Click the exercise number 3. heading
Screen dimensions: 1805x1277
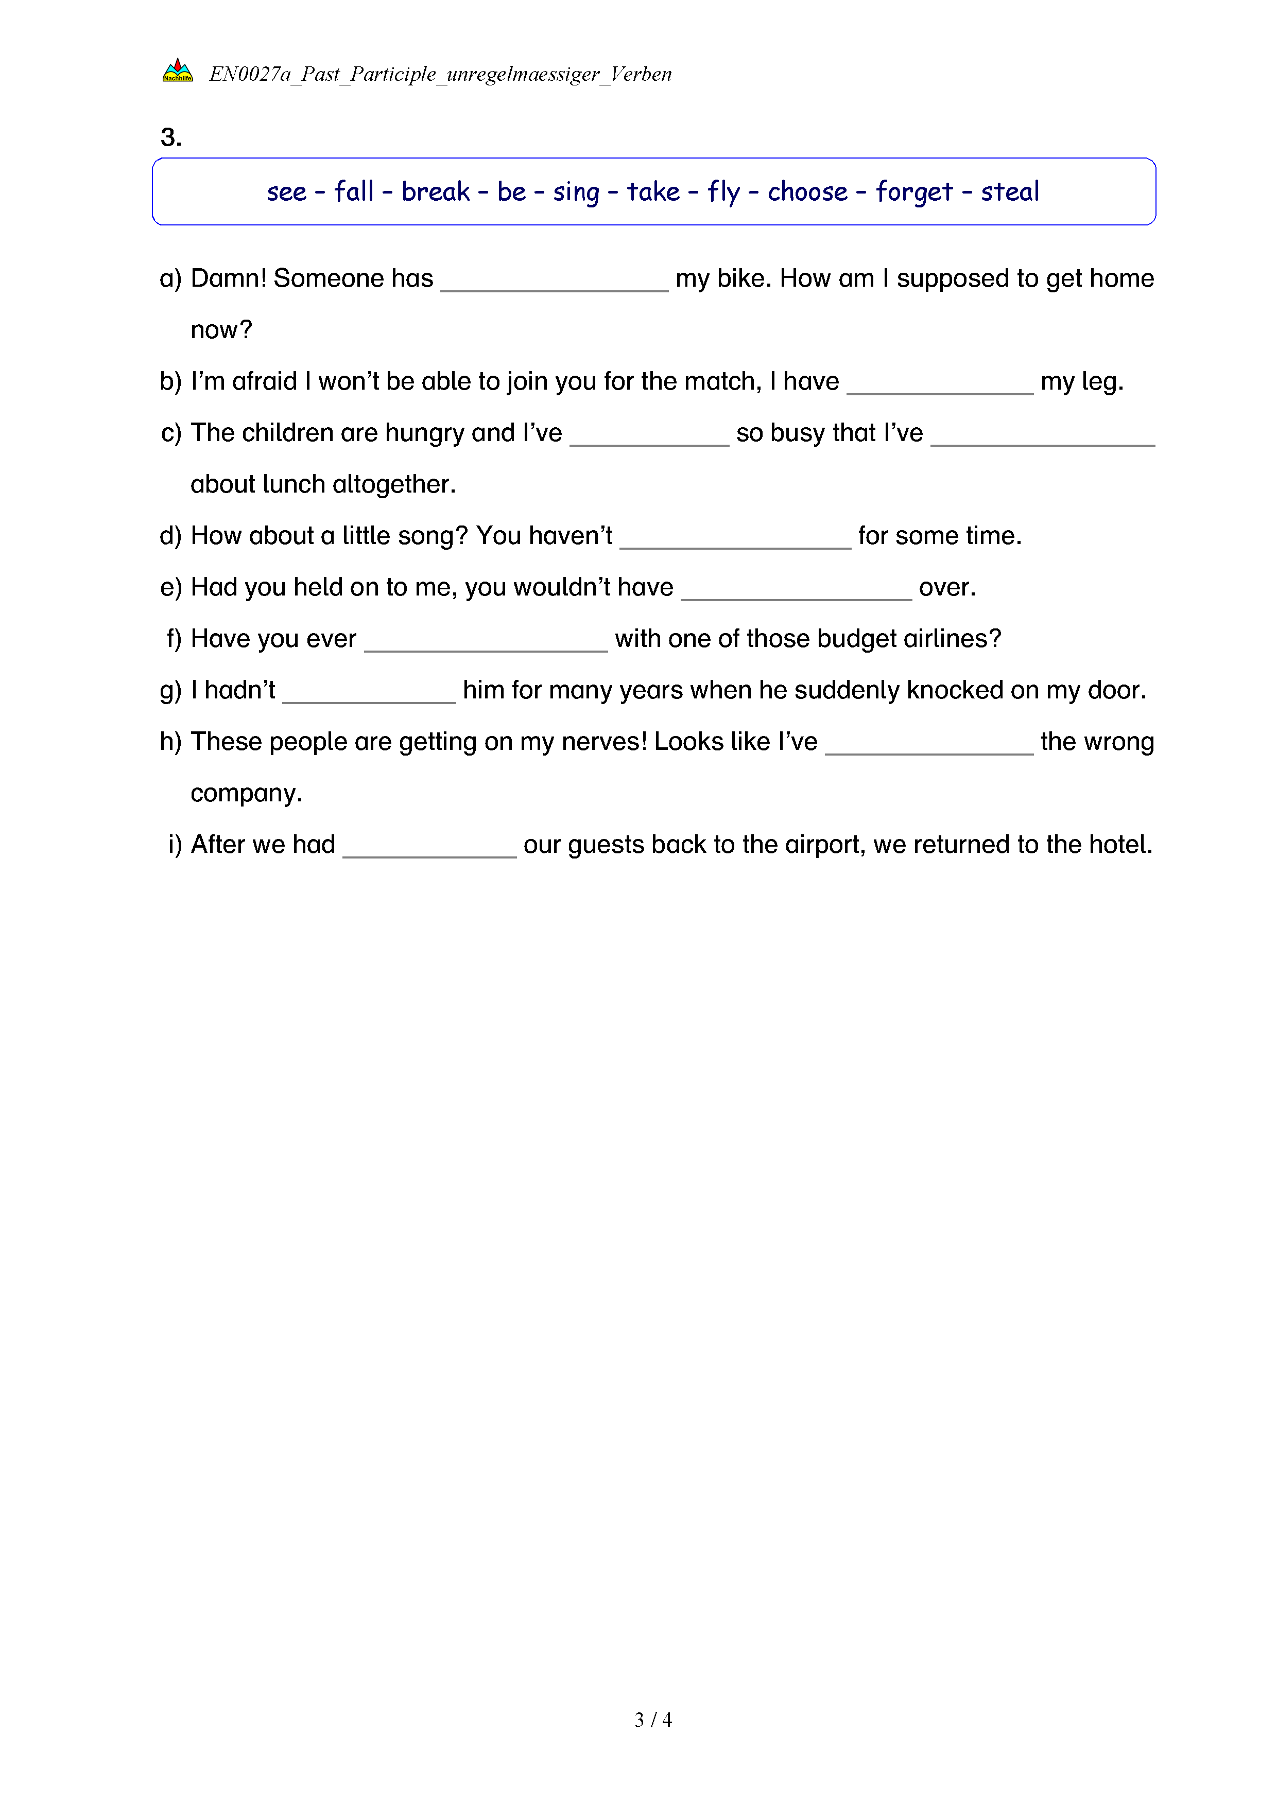click(170, 137)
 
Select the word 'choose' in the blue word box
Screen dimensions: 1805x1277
click(807, 192)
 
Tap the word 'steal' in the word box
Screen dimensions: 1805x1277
click(1010, 192)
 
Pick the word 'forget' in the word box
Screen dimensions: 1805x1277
click(913, 192)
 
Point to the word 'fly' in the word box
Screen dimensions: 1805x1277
click(723, 192)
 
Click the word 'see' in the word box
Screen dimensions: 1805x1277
click(286, 192)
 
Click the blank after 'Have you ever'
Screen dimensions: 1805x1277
click(486, 644)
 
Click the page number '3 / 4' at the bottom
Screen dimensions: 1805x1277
click(652, 1720)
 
